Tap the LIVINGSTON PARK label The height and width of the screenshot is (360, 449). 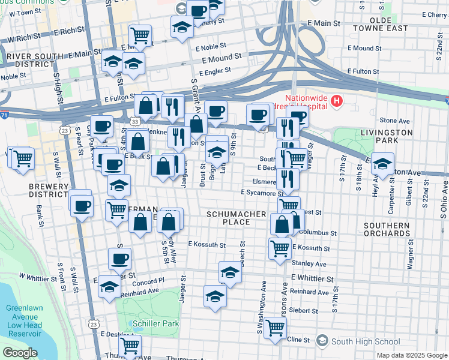pos(387,136)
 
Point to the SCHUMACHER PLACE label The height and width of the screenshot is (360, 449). pos(237,217)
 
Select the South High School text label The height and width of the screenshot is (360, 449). pos(366,341)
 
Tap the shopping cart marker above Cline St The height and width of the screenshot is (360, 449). pos(275,328)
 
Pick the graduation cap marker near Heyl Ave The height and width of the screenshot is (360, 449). pos(382,163)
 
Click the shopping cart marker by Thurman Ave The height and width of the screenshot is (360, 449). pos(130,346)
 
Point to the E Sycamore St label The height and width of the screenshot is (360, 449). pos(262,193)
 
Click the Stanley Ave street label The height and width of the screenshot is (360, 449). pos(309,263)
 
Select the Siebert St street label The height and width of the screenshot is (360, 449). pos(303,310)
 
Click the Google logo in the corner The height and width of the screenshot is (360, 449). pos(20,353)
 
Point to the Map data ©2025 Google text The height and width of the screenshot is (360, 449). pos(411,355)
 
